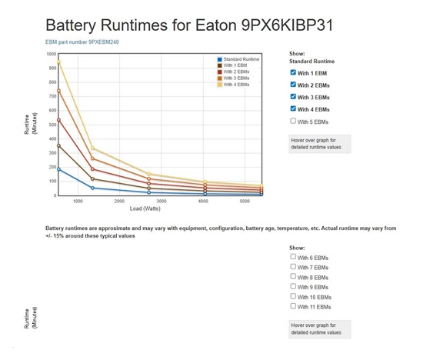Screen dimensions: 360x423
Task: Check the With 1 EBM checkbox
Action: click(292, 72)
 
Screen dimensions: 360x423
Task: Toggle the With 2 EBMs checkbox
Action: click(292, 85)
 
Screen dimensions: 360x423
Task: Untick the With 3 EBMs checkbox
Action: click(292, 97)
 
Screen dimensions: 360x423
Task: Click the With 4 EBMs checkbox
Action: click(292, 109)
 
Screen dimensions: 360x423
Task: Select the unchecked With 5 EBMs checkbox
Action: click(292, 122)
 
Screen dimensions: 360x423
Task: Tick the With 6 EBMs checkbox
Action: click(292, 257)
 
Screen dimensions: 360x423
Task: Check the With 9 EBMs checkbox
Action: click(292, 286)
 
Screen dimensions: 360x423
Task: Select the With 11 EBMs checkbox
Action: click(292, 306)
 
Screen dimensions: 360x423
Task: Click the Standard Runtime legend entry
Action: click(240, 59)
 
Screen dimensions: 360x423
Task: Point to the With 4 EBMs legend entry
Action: click(237, 84)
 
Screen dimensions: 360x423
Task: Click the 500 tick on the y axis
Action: click(52, 125)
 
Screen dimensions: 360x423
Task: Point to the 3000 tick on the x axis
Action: click(162, 202)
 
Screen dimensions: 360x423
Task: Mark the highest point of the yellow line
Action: click(58, 62)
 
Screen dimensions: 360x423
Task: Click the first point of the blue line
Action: click(58, 169)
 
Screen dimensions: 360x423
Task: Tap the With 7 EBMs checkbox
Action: click(292, 267)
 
